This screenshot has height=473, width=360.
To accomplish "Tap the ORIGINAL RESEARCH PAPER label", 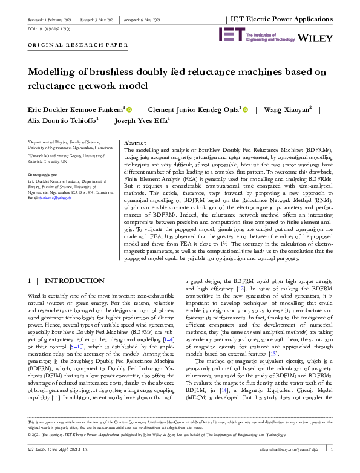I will point(78,45).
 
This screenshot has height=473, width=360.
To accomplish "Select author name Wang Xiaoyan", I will point(283,109).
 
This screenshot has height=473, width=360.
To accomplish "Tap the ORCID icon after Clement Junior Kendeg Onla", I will point(246,109).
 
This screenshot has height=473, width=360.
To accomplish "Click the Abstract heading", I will point(136,143).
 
